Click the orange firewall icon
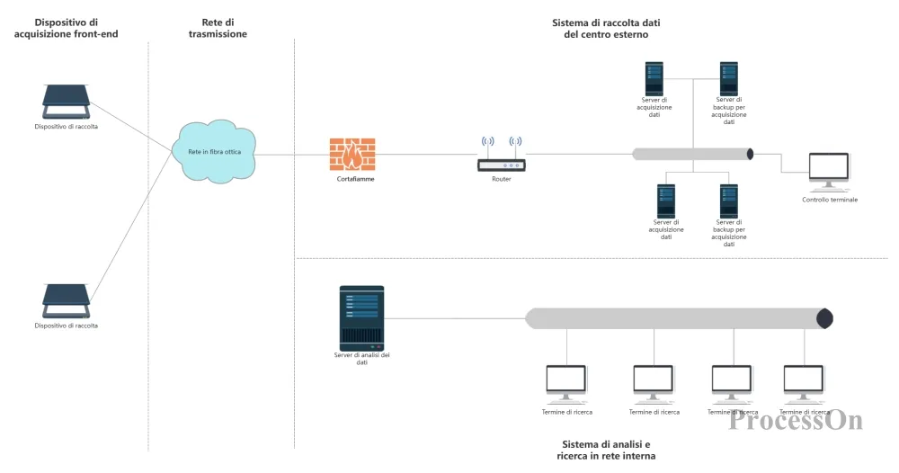click(352, 154)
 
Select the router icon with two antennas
click(501, 154)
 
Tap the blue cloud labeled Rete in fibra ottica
click(215, 151)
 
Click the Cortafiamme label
click(355, 179)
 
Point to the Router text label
click(501, 179)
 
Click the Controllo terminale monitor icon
click(829, 171)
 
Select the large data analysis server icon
click(361, 318)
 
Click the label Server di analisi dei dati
click(361, 358)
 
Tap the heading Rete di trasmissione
click(218, 28)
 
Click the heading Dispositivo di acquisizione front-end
click(66, 28)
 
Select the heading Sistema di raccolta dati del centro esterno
click(606, 29)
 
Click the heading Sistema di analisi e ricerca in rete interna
click(606, 450)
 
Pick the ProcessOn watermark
click(796, 420)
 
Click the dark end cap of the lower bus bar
click(824, 318)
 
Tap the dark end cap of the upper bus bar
click(750, 154)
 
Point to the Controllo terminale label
click(830, 200)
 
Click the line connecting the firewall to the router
click(426, 154)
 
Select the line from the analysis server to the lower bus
click(455, 318)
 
